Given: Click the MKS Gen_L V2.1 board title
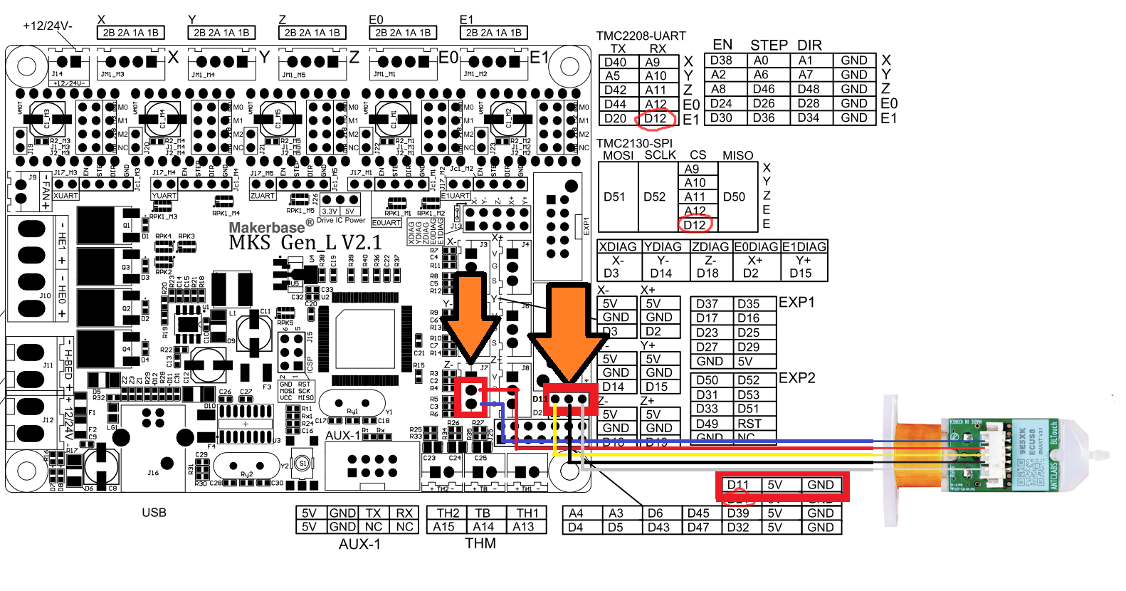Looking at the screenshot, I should coord(305,243).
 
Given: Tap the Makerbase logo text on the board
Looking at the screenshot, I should coord(267,227).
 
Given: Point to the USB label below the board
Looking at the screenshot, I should coord(154,512).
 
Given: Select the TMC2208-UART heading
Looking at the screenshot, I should coord(641,36).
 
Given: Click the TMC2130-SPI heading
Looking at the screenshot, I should coord(633,143).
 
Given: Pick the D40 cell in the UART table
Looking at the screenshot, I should coord(616,63).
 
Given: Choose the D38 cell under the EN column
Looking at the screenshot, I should coord(721,61).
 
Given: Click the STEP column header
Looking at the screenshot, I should coord(769,45).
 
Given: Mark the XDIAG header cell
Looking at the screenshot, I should coord(618,246).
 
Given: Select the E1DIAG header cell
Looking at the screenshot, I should coord(804,246).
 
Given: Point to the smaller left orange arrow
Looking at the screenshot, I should coord(470,313).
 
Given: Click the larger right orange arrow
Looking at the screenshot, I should coord(568,331).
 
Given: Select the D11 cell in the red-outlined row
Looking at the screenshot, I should coord(738,485).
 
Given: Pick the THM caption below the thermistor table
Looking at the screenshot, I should coord(480,543).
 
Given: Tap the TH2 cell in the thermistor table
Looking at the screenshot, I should coord(448,513).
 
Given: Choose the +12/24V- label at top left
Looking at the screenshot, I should coord(48,26).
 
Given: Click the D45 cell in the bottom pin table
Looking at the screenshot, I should coord(698,513).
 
